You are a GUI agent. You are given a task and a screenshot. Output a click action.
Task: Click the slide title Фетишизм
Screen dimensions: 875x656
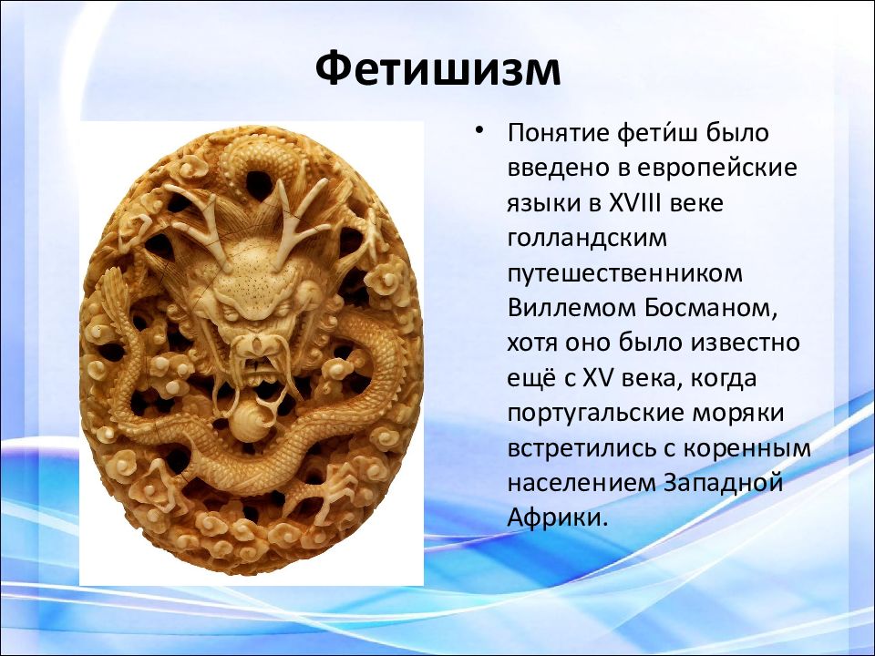pos(437,68)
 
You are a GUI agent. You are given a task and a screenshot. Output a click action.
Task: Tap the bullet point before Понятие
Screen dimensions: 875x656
pos(479,131)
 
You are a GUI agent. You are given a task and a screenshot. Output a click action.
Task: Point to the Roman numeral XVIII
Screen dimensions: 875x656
pos(634,203)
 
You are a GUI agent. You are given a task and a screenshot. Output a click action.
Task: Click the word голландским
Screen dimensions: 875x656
pos(587,238)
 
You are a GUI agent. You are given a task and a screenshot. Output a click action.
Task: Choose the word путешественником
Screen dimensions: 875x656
pos(625,274)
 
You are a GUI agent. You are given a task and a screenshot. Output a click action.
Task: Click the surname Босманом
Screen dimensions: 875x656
pos(710,309)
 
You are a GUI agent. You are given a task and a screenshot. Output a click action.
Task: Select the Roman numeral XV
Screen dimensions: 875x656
pos(598,378)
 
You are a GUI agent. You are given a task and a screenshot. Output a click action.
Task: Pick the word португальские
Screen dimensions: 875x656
pos(595,414)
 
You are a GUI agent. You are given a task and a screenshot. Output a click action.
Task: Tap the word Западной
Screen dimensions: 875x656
pos(723,483)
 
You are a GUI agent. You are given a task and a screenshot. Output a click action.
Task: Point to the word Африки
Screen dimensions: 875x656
pos(556,518)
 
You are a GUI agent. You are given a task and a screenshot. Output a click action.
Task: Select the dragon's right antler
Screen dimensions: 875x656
pos(303,212)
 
